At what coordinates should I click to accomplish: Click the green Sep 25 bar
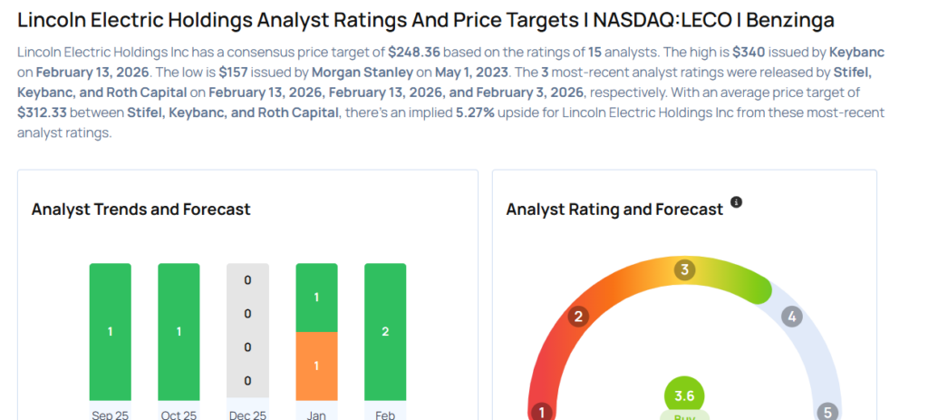click(x=110, y=331)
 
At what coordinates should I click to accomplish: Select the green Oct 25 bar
click(x=179, y=331)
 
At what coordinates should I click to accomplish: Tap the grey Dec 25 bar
click(x=247, y=331)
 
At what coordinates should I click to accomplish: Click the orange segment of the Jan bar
click(x=316, y=366)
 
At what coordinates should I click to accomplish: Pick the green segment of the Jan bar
click(x=316, y=298)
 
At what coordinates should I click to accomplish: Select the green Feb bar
click(x=385, y=331)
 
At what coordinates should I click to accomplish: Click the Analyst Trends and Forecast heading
click(x=140, y=210)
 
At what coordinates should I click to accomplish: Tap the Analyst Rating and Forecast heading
click(x=614, y=210)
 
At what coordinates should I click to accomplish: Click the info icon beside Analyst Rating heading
click(x=736, y=202)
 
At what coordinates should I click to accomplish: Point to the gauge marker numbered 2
click(x=577, y=317)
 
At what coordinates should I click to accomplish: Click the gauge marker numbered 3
click(x=685, y=269)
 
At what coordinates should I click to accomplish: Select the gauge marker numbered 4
click(x=792, y=317)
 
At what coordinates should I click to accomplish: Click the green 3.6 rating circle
click(x=684, y=396)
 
